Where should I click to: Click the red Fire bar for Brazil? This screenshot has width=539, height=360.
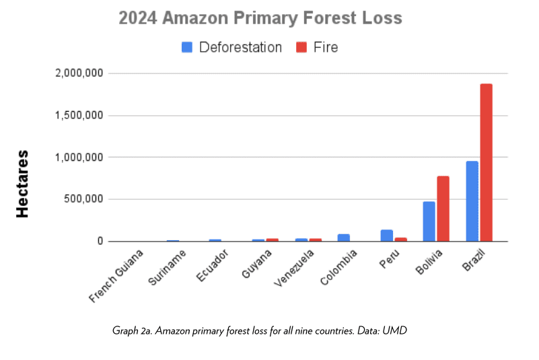(x=486, y=162)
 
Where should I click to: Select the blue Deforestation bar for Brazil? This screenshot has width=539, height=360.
(x=472, y=201)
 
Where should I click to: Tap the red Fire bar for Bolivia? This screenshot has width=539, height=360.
(x=443, y=208)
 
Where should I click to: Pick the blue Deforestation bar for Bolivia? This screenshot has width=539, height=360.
(x=429, y=221)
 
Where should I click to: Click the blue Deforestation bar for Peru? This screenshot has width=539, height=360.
(x=386, y=235)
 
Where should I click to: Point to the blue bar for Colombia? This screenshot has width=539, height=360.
(x=343, y=237)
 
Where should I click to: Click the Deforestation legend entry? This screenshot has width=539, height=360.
(x=231, y=47)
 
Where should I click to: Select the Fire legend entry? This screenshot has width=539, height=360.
(x=316, y=47)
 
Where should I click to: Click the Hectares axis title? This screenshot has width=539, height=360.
(x=22, y=183)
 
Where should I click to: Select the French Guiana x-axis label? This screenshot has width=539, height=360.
(x=118, y=276)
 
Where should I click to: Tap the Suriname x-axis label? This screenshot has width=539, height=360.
(x=164, y=267)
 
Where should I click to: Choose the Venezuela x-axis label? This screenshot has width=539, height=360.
(x=291, y=268)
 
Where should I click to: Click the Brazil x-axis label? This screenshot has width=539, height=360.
(x=474, y=260)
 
